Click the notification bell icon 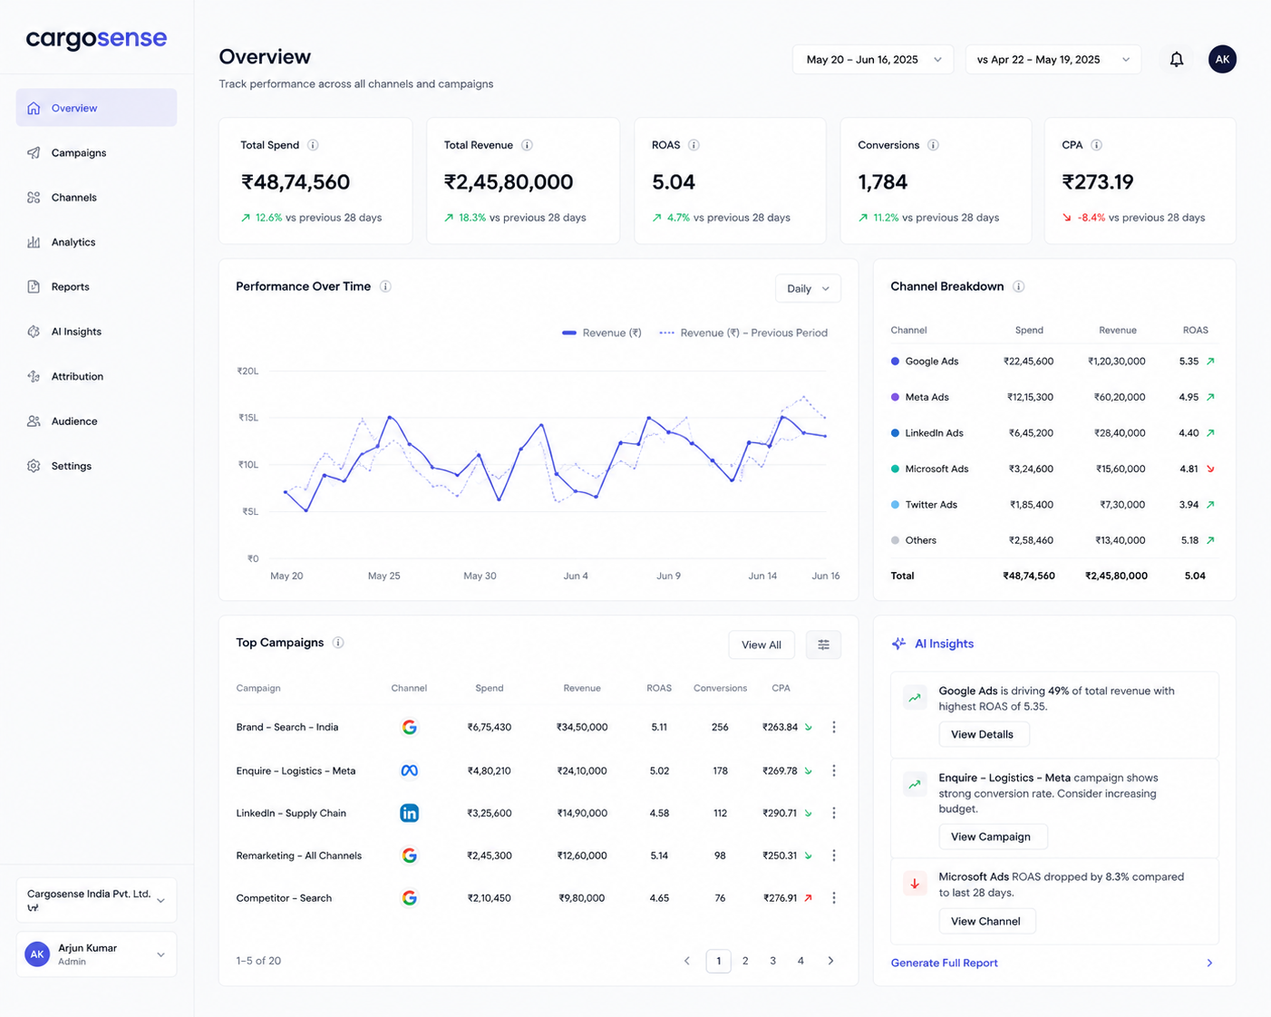coord(1177,59)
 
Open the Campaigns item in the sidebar coord(67,153)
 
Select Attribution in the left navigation coord(65,376)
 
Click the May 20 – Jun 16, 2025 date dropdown coord(873,60)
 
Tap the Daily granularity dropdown coord(808,289)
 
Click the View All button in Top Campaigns coord(762,645)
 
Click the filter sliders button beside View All coord(823,645)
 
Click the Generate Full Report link coord(944,963)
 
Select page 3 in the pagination coord(772,961)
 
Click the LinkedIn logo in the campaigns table coord(409,813)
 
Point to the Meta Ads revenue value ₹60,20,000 coord(1120,398)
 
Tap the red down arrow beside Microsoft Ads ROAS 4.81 coord(1210,469)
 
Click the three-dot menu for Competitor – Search coord(834,897)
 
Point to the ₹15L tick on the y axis coord(248,418)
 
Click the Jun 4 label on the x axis coord(576,576)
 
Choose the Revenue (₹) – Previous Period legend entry coord(743,333)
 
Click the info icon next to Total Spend coord(313,145)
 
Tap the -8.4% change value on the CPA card coord(1091,218)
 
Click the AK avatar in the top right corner coord(1222,59)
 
